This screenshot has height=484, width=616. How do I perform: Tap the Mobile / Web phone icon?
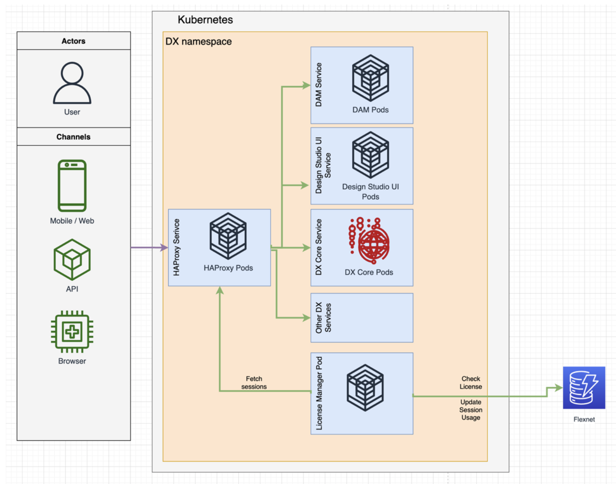pyautogui.click(x=72, y=186)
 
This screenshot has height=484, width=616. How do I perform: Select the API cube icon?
pyautogui.click(x=72, y=260)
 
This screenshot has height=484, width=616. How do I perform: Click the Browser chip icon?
pyautogui.click(x=72, y=331)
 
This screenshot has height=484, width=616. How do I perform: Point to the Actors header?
pyautogui.click(x=73, y=41)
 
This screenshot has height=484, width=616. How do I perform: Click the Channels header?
pyautogui.click(x=73, y=137)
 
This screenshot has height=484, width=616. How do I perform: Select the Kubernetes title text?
pyautogui.click(x=205, y=20)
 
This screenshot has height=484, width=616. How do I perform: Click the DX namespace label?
pyautogui.click(x=199, y=42)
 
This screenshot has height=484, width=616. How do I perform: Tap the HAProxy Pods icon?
pyautogui.click(x=228, y=236)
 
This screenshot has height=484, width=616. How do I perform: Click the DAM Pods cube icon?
pyautogui.click(x=370, y=78)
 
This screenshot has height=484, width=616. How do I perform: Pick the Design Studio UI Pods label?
pyautogui.click(x=370, y=192)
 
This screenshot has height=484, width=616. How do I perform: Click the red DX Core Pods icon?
pyautogui.click(x=369, y=241)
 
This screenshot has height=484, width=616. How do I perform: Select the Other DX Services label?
pyautogui.click(x=323, y=318)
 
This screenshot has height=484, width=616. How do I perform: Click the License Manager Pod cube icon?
pyautogui.click(x=365, y=388)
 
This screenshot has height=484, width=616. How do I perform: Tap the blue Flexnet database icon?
pyautogui.click(x=584, y=388)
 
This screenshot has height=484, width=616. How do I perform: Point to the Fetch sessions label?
pyautogui.click(x=254, y=383)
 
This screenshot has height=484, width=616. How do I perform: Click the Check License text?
pyautogui.click(x=471, y=383)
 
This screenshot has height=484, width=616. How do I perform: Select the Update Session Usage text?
pyautogui.click(x=471, y=410)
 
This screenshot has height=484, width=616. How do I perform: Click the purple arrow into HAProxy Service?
pyautogui.click(x=148, y=248)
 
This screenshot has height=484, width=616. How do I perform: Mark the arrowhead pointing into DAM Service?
pyautogui.click(x=306, y=85)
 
